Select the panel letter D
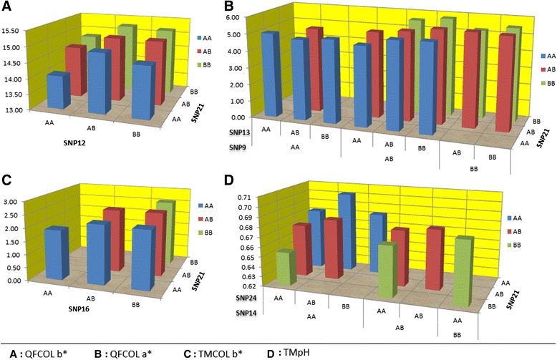(x=230, y=182)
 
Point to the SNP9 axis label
(x=238, y=147)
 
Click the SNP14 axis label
(x=241, y=313)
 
